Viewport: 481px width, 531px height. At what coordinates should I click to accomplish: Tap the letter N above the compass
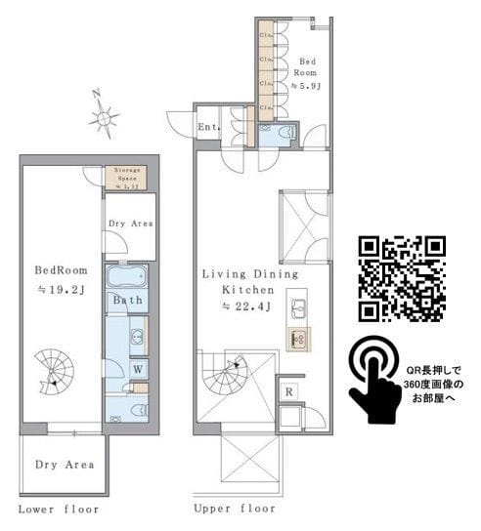pos(96,94)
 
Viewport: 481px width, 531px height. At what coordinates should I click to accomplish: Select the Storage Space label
pos(126,176)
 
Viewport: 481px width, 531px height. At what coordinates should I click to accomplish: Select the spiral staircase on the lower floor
pos(55,372)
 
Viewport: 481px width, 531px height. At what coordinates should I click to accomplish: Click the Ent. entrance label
pos(207,128)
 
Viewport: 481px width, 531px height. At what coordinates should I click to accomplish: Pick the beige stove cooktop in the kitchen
pos(297,339)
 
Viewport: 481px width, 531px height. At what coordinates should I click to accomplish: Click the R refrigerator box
pos(289,391)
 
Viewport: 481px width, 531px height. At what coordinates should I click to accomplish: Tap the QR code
pos(402,279)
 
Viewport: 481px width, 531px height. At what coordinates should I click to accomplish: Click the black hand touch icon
pos(376,382)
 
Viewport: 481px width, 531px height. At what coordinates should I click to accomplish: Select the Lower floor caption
pos(59,510)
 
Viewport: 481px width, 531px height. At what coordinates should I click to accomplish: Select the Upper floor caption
pos(233,510)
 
